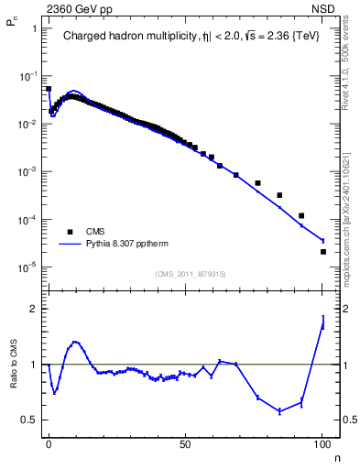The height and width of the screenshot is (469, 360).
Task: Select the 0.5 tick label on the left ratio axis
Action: pyautogui.click(x=30, y=420)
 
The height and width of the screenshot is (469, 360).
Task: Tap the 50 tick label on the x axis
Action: pyautogui.click(x=185, y=442)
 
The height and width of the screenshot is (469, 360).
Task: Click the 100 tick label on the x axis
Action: pyautogui.click(x=322, y=442)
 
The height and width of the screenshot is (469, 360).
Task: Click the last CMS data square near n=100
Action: pyautogui.click(x=323, y=252)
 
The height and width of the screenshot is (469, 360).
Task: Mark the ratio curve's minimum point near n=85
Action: pyautogui.click(x=279, y=411)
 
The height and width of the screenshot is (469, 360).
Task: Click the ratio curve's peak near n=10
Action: pyautogui.click(x=75, y=342)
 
